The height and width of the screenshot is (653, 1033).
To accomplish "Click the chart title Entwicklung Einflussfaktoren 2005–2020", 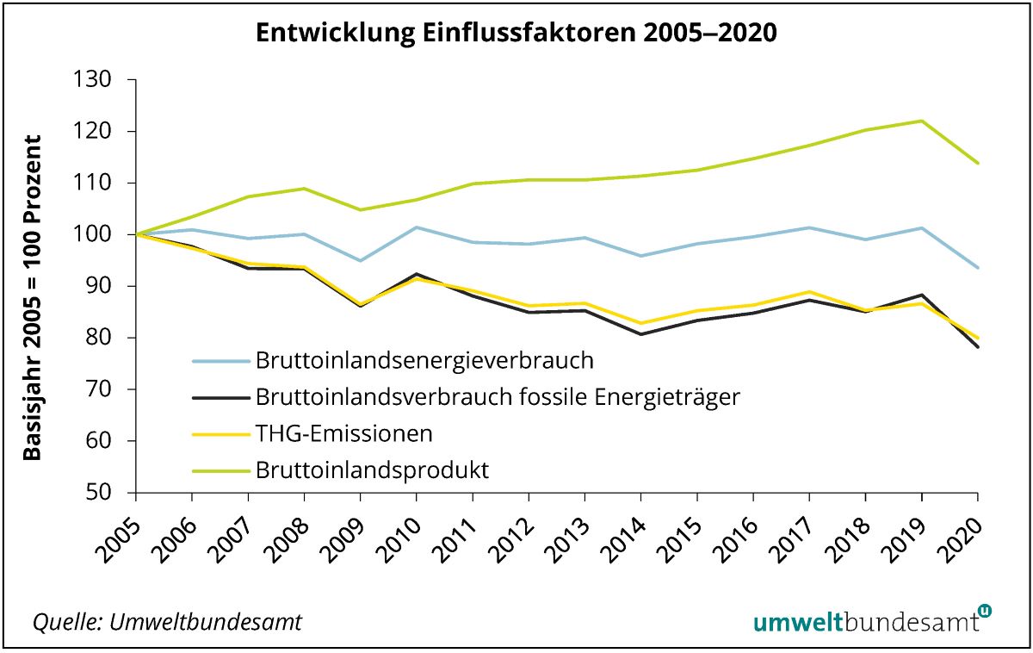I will (x=516, y=33).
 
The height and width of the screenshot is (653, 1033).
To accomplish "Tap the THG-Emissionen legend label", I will (x=343, y=433).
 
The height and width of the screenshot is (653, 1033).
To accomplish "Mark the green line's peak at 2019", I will (x=921, y=121).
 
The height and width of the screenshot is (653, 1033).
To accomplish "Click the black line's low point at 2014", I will (x=640, y=334).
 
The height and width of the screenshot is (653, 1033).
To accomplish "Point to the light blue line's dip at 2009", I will (x=360, y=260).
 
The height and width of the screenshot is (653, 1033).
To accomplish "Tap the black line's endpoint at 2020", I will (x=977, y=346).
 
